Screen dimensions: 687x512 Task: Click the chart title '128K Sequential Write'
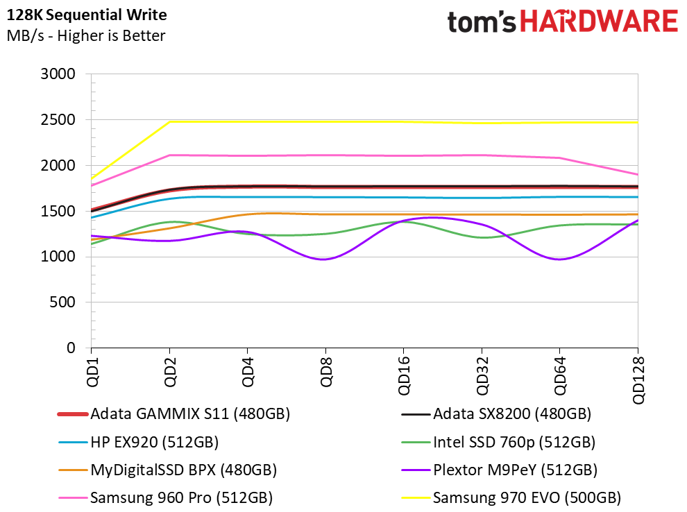pyautogui.click(x=87, y=15)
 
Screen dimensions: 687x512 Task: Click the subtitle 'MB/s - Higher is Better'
pyautogui.click(x=86, y=35)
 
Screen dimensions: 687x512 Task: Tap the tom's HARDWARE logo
pyautogui.click(x=563, y=21)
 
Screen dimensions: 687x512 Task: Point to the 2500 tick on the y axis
pyautogui.click(x=58, y=119)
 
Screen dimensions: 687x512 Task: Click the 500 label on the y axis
pyautogui.click(x=62, y=302)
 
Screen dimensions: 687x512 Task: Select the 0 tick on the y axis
pyautogui.click(x=71, y=348)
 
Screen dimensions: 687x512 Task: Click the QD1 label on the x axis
pyautogui.click(x=92, y=372)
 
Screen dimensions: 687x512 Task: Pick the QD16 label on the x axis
pyautogui.click(x=404, y=376)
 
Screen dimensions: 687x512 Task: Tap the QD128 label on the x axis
pyautogui.click(x=638, y=380)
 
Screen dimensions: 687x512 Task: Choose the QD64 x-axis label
pyautogui.click(x=560, y=376)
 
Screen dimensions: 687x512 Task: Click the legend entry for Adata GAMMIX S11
pyautogui.click(x=174, y=414)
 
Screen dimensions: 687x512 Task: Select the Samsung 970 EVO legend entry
pyautogui.click(x=511, y=498)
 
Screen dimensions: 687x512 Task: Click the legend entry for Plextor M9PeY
pyautogui.click(x=500, y=470)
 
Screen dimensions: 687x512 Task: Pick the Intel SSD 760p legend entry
pyautogui.click(x=498, y=443)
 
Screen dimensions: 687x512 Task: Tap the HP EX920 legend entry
pyautogui.click(x=139, y=443)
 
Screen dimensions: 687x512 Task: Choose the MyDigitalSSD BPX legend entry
pyautogui.click(x=168, y=470)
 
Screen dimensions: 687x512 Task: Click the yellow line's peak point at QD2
pyautogui.click(x=169, y=122)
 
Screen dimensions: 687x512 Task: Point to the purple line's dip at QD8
pyautogui.click(x=324, y=259)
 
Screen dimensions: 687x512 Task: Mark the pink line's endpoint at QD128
pyautogui.click(x=638, y=174)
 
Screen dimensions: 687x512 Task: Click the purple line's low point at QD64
pyautogui.click(x=559, y=259)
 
